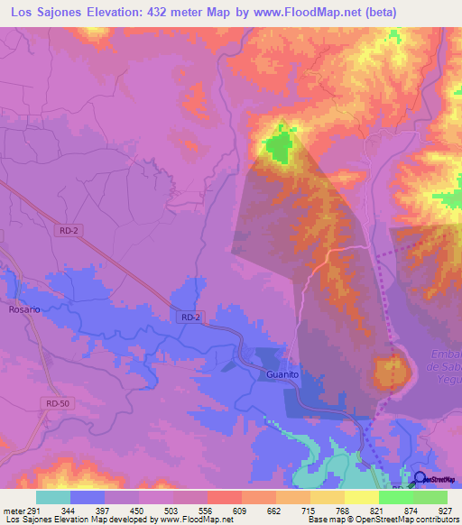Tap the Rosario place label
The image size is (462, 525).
(24, 309)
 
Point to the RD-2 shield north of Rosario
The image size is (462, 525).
(69, 231)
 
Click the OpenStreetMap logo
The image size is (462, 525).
(438, 480)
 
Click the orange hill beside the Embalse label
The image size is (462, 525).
(391, 372)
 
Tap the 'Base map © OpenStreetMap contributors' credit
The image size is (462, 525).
(380, 520)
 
